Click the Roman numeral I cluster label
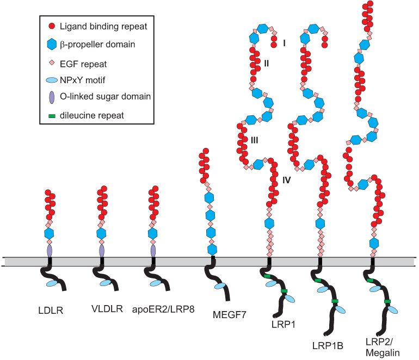click(285, 43)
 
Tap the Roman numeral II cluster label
click(266, 64)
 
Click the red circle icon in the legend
click(52, 26)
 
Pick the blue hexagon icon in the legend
click(52, 44)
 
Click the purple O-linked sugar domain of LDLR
click(50, 251)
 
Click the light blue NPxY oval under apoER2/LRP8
click(155, 283)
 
